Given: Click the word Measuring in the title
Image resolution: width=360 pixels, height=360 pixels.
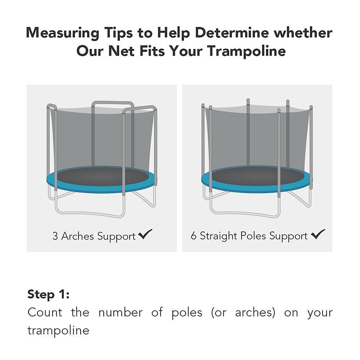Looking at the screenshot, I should click(x=63, y=33).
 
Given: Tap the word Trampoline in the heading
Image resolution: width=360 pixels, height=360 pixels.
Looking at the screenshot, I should click(x=247, y=51).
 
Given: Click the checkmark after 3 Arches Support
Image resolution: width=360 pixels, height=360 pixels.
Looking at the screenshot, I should click(x=145, y=235).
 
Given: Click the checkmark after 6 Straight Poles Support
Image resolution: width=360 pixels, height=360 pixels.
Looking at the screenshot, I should click(x=318, y=235).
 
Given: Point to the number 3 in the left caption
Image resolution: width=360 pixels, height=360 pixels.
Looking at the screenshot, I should click(x=55, y=236).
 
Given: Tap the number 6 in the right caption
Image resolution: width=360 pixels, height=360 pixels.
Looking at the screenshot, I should click(x=194, y=236).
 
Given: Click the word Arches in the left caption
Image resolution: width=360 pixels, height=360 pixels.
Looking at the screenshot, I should click(x=77, y=236).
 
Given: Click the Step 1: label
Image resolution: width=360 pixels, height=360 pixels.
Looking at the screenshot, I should click(x=48, y=294).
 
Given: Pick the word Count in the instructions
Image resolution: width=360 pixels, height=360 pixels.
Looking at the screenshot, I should click(x=45, y=312).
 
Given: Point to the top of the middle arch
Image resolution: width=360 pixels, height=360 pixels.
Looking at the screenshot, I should click(x=113, y=103).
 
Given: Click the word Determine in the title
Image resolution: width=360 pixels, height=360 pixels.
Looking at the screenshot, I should click(x=232, y=33).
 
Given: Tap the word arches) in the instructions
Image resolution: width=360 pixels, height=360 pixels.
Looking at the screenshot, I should click(x=255, y=312).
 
